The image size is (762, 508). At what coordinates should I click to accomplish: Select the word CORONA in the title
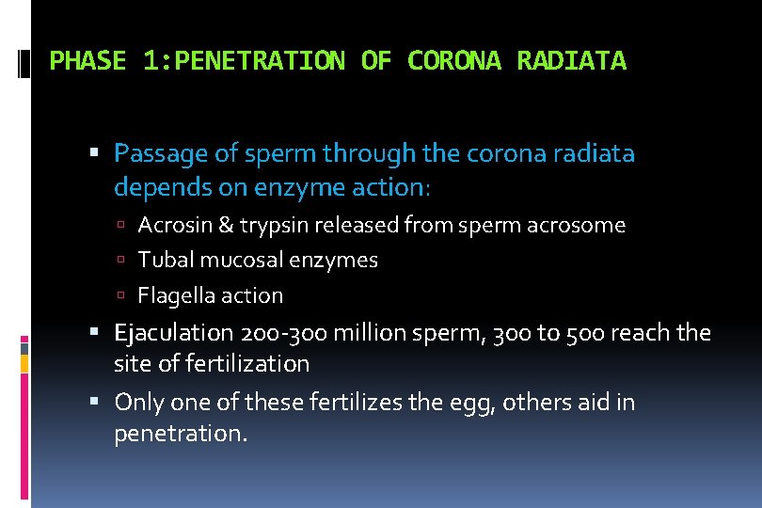pos(456,62)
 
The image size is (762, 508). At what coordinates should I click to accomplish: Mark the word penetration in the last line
pos(180,434)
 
